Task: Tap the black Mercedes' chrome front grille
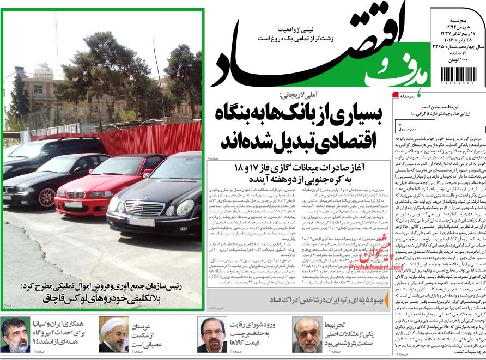(144, 208)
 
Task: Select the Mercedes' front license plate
(141, 222)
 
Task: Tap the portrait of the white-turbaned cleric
(113, 334)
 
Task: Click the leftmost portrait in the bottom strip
(15, 334)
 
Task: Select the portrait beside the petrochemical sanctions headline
(307, 334)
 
